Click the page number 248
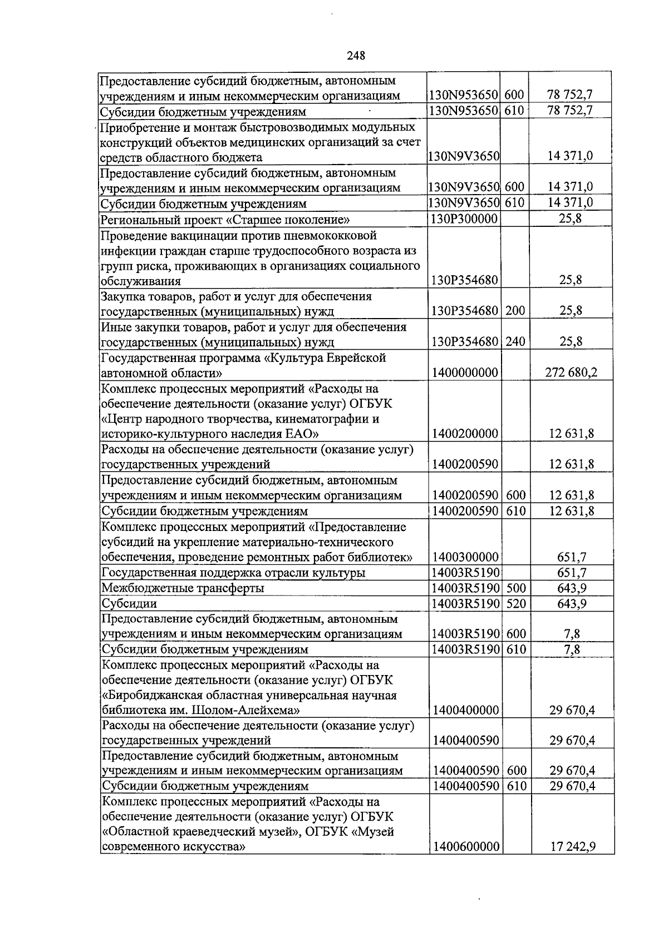coord(356,56)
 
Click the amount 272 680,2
coord(571,373)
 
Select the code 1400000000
coord(464,373)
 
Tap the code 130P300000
coord(464,219)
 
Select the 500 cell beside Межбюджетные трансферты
coord(516,588)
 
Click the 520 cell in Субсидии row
coord(516,604)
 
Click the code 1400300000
coord(465,558)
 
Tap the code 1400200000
coord(465,434)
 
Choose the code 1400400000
coord(465,711)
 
